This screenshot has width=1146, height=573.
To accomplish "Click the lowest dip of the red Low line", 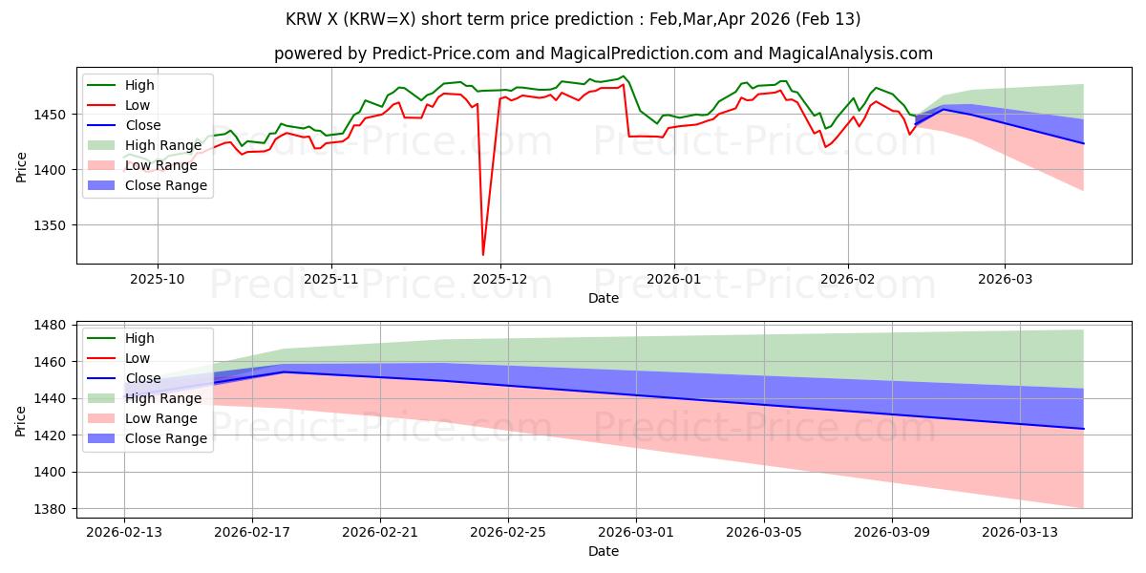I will [483, 254].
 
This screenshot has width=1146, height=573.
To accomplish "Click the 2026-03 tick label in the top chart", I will [1004, 279].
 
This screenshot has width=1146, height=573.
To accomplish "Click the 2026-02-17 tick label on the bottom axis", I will [252, 532].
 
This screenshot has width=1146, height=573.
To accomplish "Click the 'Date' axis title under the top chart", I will [603, 298].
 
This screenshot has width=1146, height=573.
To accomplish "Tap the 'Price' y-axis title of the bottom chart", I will [21, 417].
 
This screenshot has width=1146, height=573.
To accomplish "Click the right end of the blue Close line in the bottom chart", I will [1083, 429].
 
